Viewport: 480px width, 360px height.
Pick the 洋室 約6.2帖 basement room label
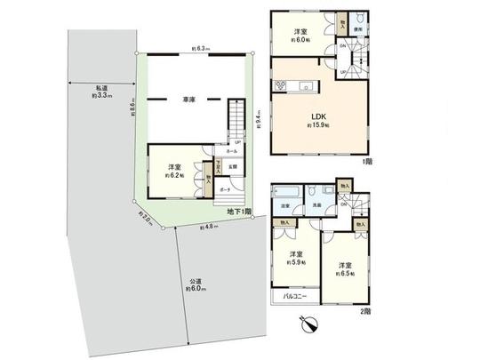tap(172, 171)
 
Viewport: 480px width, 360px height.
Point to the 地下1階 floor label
tap(236, 212)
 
